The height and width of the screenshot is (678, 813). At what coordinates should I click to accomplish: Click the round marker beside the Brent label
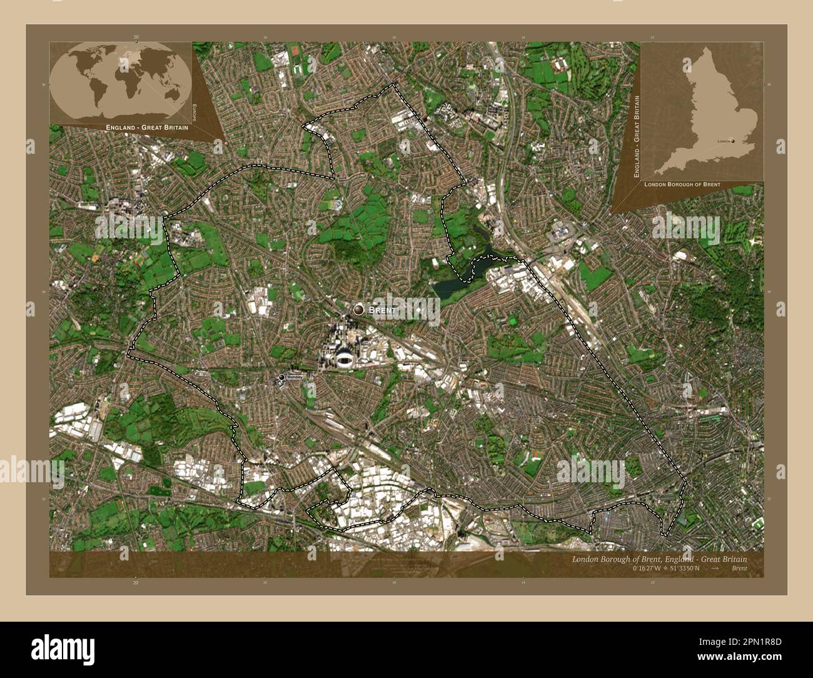[358, 310]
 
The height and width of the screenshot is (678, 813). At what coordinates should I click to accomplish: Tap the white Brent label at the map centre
[383, 310]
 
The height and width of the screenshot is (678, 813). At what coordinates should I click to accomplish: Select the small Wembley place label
[295, 377]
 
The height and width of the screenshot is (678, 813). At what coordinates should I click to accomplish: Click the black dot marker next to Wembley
[282, 377]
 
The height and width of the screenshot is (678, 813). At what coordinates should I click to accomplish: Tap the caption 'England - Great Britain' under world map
[138, 127]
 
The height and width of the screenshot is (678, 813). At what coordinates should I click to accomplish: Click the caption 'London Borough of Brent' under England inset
[682, 185]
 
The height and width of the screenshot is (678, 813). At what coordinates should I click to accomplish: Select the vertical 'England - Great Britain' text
[636, 135]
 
